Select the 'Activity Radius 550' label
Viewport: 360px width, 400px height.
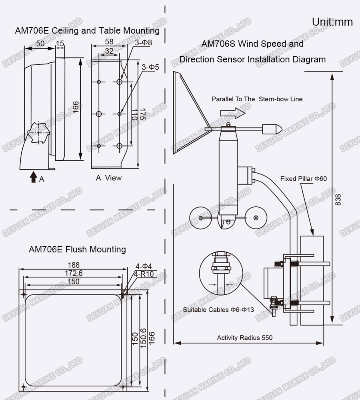(244, 338)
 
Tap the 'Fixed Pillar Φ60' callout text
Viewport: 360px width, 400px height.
(303, 178)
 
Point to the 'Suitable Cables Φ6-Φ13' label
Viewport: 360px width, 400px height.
(218, 310)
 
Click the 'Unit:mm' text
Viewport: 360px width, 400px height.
(332, 22)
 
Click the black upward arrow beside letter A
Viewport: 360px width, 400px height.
(34, 177)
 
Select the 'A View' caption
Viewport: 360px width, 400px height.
(108, 178)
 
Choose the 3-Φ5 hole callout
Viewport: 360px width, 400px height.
(150, 67)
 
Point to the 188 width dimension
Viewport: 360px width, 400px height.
(74, 265)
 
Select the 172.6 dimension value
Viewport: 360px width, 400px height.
(74, 273)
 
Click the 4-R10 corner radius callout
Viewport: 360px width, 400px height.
(145, 274)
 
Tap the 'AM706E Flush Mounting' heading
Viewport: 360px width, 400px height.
(77, 249)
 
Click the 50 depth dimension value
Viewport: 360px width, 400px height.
(40, 43)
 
